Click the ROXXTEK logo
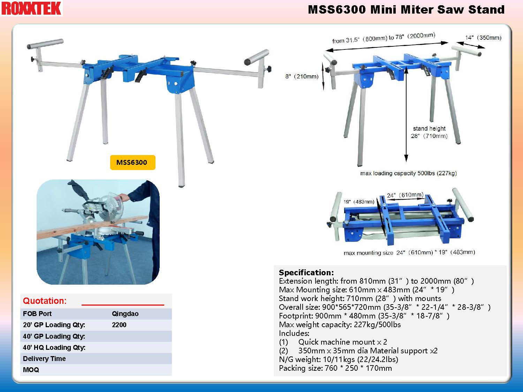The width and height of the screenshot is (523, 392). click(x=31, y=8)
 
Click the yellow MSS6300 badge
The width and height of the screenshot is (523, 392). click(x=133, y=162)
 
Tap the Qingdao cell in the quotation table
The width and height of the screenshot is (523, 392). click(x=125, y=314)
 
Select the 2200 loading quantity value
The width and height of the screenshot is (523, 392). click(x=119, y=325)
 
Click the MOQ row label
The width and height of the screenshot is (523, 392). click(x=31, y=370)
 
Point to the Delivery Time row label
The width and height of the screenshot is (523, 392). click(x=44, y=359)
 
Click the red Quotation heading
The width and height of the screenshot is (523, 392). click(x=45, y=301)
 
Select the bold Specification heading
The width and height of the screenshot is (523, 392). click(x=306, y=272)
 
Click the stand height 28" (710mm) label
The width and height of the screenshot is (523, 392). click(x=429, y=132)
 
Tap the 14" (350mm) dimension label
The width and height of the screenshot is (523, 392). click(x=483, y=38)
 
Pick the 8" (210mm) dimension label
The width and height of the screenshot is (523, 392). click(x=302, y=76)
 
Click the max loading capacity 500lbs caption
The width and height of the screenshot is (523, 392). click(x=408, y=173)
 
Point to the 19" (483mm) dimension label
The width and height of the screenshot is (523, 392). click(x=359, y=202)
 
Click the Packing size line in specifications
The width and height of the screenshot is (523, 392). click(x=335, y=368)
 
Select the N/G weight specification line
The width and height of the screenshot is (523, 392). click(x=339, y=359)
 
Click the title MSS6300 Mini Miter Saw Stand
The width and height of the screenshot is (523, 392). click(x=406, y=9)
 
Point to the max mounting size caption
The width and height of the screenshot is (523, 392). click(x=409, y=252)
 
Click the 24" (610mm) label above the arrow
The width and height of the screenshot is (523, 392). click(x=405, y=195)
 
